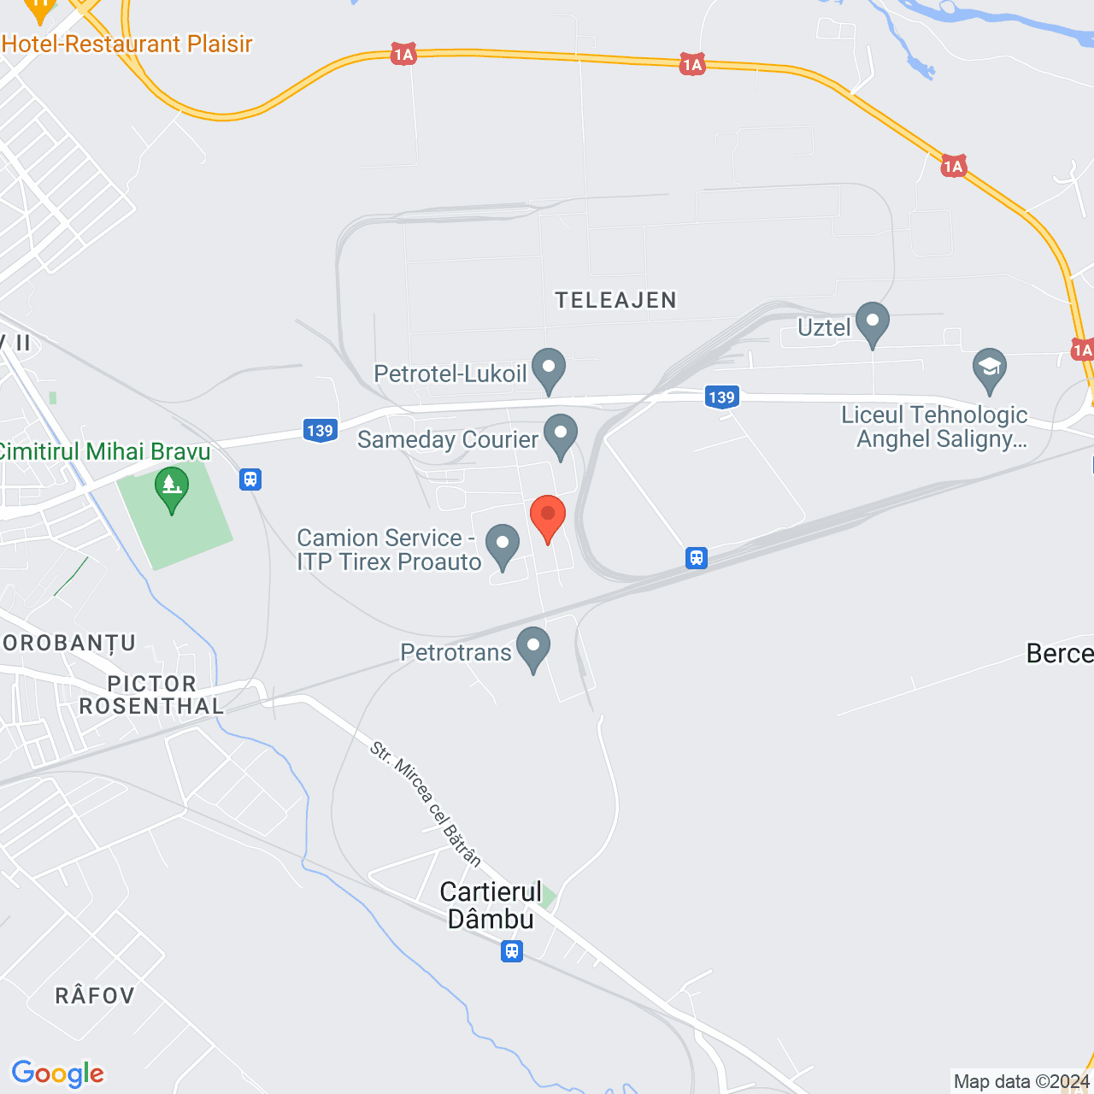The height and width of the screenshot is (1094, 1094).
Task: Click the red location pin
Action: [548, 516]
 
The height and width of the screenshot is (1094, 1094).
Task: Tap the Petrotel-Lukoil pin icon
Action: [549, 369]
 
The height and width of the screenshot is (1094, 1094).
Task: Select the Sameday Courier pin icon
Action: [561, 435]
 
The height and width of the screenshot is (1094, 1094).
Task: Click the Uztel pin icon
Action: [873, 323]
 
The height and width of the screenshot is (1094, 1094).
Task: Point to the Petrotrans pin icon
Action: [533, 647]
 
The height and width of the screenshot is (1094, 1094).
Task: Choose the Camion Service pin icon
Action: [503, 544]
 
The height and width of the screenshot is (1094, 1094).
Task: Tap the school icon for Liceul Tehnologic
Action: [990, 369]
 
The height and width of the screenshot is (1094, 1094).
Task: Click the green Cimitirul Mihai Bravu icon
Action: [172, 488]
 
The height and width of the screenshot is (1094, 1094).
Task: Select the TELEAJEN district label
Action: [615, 300]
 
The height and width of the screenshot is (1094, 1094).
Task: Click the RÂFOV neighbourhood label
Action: [95, 996]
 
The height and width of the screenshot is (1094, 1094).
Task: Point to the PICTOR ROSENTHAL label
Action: [151, 695]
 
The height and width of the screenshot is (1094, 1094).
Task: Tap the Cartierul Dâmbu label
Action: [491, 905]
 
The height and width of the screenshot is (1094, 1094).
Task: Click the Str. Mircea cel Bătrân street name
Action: [426, 803]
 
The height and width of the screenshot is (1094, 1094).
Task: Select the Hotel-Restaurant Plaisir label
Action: [127, 44]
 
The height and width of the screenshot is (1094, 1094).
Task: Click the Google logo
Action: [58, 1073]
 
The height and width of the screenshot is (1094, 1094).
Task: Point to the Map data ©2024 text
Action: [1021, 1082]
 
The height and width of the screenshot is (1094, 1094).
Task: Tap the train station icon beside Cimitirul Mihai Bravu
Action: [250, 479]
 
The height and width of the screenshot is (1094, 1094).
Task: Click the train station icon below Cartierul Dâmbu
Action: [512, 950]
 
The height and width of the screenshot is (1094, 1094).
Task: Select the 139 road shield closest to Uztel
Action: [721, 397]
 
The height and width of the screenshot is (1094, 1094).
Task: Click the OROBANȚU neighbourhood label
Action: [68, 643]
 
